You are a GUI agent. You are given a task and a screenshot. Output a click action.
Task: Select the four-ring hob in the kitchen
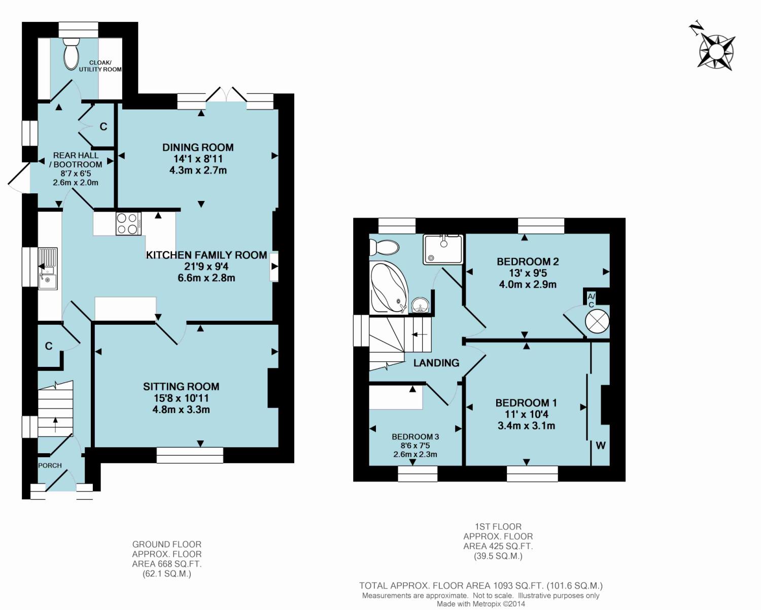128,224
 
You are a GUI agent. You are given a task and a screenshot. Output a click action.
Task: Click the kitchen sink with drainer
48,269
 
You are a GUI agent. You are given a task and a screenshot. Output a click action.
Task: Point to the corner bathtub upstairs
388,288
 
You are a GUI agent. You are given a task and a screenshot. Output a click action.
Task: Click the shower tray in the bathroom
443,249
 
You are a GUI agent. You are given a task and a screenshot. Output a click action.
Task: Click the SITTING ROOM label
181,386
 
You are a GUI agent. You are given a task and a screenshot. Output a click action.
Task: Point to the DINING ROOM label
198,147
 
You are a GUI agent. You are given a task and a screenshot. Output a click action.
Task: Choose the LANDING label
436,363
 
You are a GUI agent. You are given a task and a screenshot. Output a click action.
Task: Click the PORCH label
50,466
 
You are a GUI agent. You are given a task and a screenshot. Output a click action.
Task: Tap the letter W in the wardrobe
601,446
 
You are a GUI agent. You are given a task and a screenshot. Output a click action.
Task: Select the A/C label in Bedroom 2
591,300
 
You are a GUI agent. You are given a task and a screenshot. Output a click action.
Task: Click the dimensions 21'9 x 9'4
206,266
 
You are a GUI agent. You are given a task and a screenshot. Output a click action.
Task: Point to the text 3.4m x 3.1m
526,426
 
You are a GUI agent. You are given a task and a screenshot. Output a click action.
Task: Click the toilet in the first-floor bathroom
384,247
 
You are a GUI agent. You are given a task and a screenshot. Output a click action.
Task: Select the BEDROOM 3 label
415,437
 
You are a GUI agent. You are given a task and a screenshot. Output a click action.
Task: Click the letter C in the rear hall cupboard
103,127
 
